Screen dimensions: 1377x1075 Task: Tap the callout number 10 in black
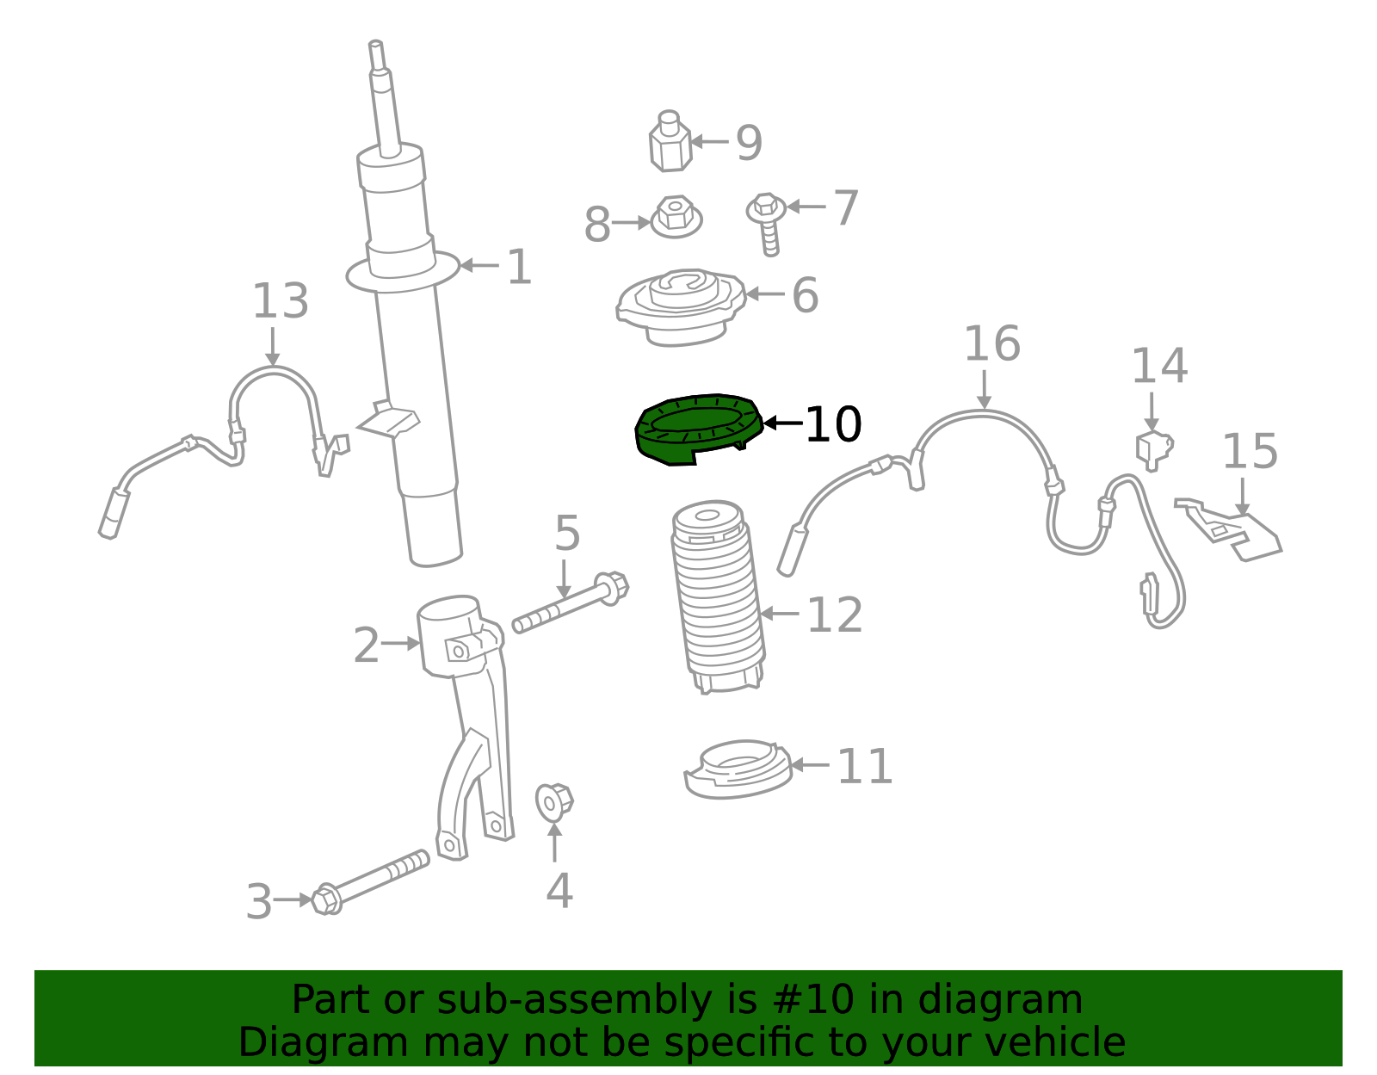tap(833, 424)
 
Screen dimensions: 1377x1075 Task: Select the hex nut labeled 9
tap(670, 142)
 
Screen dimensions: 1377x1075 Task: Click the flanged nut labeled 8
tap(676, 216)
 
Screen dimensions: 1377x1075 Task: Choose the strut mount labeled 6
tap(682, 307)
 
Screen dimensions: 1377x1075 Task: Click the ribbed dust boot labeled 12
tap(718, 596)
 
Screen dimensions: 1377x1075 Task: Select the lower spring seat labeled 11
tap(738, 769)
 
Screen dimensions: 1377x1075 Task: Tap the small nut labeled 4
tap(554, 803)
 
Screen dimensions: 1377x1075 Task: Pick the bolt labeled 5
tap(571, 602)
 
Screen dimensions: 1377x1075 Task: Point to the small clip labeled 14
tap(1154, 449)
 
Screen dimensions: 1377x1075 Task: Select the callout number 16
tap(992, 344)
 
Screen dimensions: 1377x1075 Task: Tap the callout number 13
tap(281, 301)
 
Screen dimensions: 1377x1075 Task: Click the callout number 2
tap(367, 646)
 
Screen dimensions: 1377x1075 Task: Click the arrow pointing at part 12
tap(780, 613)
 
